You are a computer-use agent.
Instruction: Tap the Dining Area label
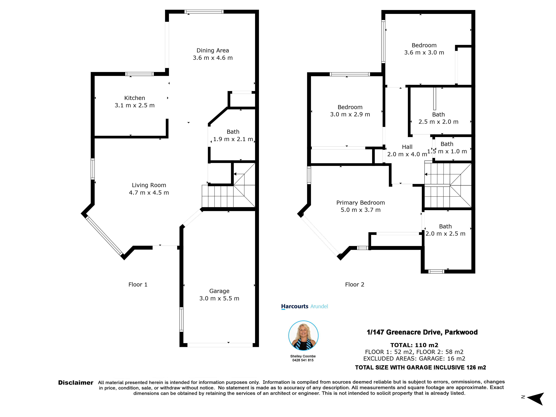213,50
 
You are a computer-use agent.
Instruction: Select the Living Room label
149,185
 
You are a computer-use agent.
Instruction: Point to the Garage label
219,291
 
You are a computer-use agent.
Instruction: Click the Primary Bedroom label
360,203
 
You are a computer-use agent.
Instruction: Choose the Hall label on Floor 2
407,147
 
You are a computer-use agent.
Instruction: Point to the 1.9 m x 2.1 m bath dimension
233,139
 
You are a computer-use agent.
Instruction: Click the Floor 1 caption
138,285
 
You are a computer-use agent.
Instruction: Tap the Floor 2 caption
354,285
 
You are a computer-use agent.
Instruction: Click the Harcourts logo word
295,306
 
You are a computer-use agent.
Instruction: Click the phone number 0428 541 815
303,360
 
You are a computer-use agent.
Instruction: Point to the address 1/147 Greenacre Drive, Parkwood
422,332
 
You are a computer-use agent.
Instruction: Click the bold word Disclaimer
76,383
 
